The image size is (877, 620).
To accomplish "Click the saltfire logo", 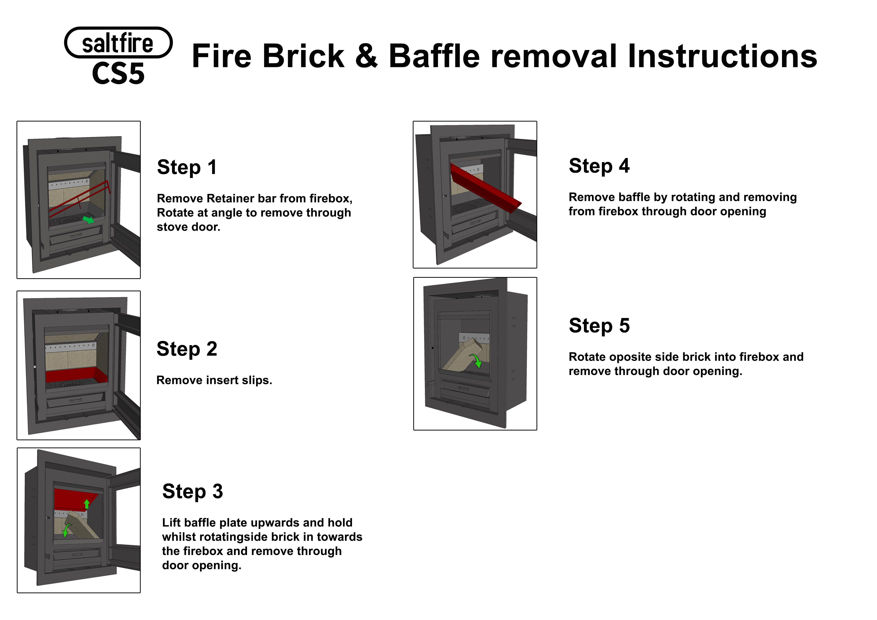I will click(x=118, y=42).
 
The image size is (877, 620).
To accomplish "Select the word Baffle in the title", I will click(x=434, y=56).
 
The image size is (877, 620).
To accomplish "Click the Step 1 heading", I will click(x=187, y=167).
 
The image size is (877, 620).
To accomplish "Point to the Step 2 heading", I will click(x=187, y=349).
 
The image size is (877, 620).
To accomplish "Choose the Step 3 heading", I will click(x=192, y=491).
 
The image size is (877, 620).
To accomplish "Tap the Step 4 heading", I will click(x=599, y=166).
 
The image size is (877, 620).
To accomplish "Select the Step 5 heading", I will click(x=599, y=325).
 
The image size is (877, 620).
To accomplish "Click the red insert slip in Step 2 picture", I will click(x=76, y=375).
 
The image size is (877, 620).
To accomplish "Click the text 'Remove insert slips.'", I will click(x=214, y=380).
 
